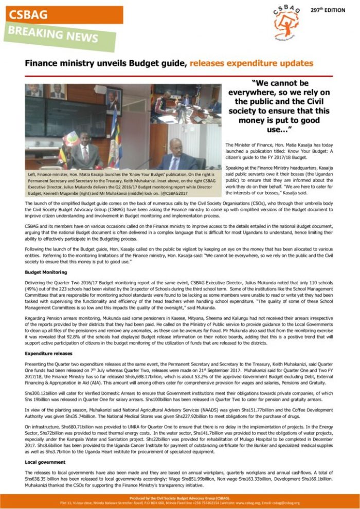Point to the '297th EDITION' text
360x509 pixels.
point(328,10)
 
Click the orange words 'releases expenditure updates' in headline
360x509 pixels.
point(251,64)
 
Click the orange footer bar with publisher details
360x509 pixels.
point(180,501)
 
